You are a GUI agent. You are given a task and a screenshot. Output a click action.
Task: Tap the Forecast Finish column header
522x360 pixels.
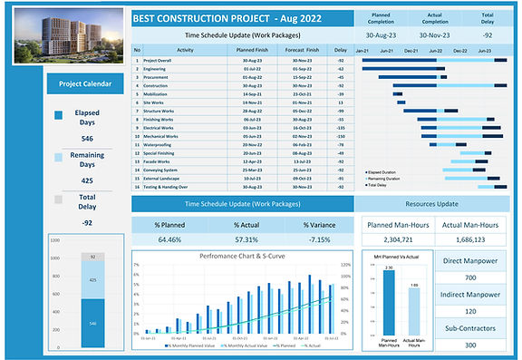pyautogui.click(x=301, y=51)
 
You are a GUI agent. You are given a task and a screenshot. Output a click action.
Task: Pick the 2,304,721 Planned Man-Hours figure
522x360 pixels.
pyautogui.click(x=400, y=240)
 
